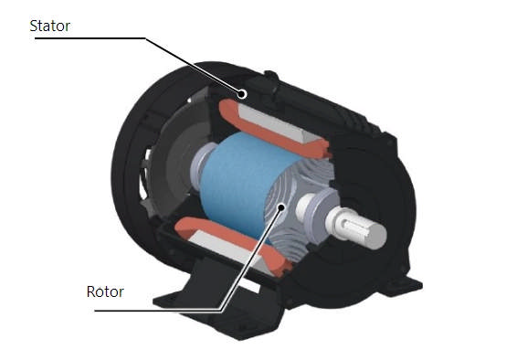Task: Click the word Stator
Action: click(50, 26)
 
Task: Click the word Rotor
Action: click(105, 293)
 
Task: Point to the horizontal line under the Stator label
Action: click(91, 38)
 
